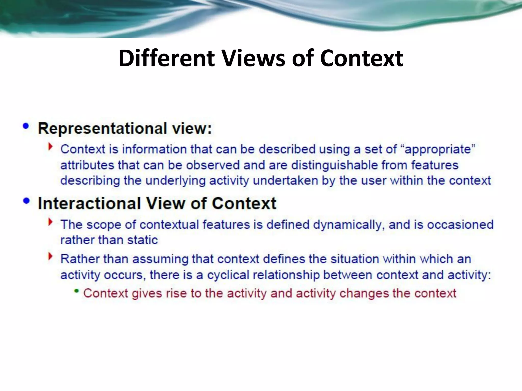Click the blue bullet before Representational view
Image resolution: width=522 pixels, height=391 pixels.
coord(26,126)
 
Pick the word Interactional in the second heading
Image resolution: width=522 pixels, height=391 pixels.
coord(89,204)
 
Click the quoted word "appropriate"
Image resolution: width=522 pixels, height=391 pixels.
coord(438,149)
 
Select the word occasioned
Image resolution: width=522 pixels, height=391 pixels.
coord(460,225)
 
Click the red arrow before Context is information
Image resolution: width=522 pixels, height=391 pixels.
coord(50,147)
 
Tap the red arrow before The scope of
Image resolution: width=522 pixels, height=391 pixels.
coord(50,222)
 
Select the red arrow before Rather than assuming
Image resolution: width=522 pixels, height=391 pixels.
coord(50,257)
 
